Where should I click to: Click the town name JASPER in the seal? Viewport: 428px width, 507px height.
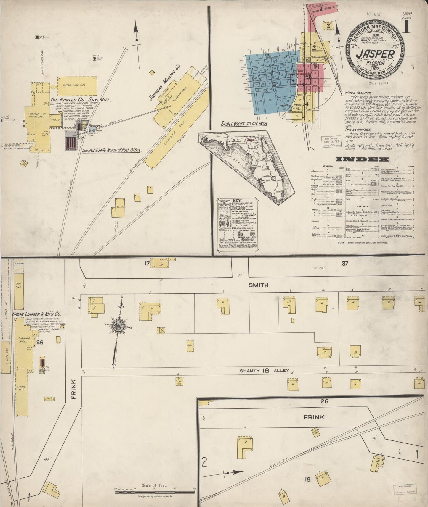click(375, 54)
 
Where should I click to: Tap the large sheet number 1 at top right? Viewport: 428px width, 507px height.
click(407, 27)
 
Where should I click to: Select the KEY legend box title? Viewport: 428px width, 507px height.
click(237, 200)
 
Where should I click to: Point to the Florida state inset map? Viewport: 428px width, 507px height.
click(255, 166)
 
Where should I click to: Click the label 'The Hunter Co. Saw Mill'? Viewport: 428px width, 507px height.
click(81, 100)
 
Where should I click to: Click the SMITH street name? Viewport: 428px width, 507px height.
click(258, 285)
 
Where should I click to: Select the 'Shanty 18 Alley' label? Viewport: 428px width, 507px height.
click(264, 370)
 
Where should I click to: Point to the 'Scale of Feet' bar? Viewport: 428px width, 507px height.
click(155, 492)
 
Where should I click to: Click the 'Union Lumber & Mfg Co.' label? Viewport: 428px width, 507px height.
click(37, 314)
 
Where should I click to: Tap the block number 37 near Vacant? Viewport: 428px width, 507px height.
click(344, 263)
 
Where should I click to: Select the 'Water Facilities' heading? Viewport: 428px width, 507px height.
click(358, 93)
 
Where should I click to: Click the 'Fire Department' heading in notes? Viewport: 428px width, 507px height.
click(358, 130)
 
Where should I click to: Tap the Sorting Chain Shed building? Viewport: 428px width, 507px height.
click(77, 85)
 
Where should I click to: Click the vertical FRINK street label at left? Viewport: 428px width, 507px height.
click(73, 389)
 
